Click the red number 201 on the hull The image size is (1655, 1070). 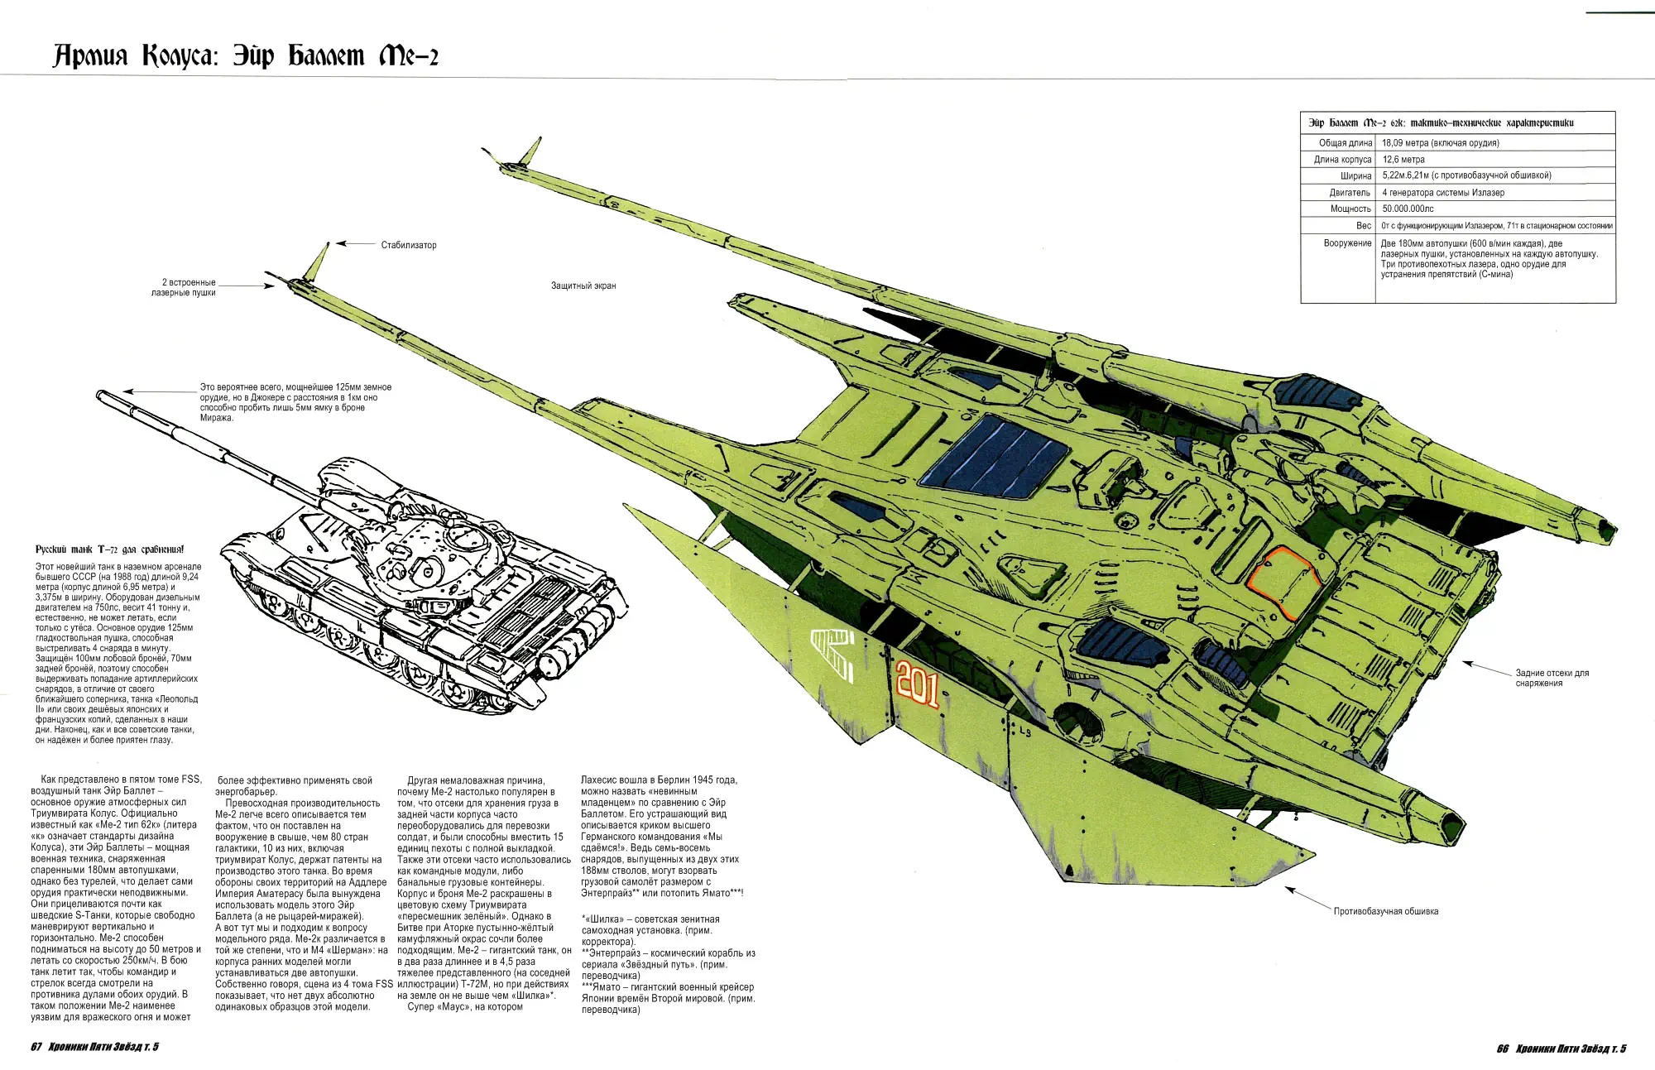click(x=917, y=684)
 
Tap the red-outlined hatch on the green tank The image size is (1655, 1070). click(x=1281, y=581)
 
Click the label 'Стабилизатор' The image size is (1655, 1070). click(x=409, y=245)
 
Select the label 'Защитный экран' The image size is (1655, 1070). click(x=583, y=285)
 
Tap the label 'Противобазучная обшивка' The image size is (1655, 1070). click(x=1386, y=911)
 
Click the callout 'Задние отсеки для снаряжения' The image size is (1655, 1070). click(x=1552, y=678)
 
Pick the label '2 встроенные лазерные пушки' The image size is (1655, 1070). click(x=184, y=287)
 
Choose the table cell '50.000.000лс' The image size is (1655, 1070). click(x=1408, y=209)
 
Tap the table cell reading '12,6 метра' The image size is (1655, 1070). click(x=1403, y=160)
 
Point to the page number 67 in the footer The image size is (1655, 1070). click(x=36, y=1047)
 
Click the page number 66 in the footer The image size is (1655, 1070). click(x=1503, y=1048)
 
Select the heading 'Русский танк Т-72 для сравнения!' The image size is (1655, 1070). click(x=110, y=549)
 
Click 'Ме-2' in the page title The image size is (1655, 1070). click(x=408, y=56)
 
